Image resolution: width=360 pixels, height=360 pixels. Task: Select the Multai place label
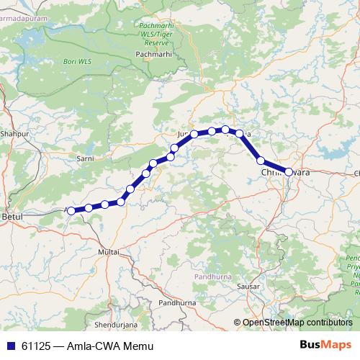click(x=108, y=252)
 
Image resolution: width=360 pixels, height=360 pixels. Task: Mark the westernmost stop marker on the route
click(x=71, y=210)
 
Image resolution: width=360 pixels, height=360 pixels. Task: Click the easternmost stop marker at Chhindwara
click(x=289, y=172)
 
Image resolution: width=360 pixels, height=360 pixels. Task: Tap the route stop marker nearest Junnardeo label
click(x=194, y=134)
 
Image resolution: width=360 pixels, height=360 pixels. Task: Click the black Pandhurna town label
click(x=177, y=304)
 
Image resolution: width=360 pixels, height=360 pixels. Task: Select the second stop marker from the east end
click(x=261, y=161)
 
